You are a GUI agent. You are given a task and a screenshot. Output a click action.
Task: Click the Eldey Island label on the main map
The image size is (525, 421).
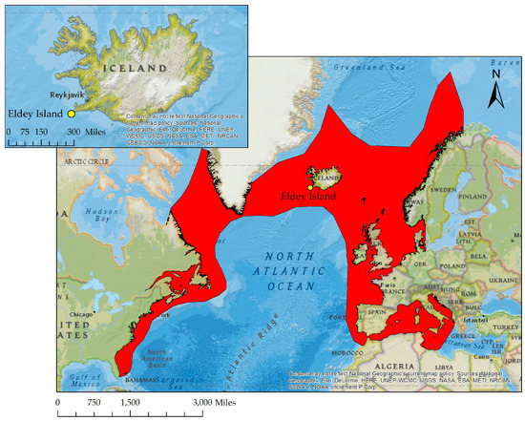[x=309, y=196]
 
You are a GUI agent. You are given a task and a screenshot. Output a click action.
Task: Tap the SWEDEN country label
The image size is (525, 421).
[x=443, y=190]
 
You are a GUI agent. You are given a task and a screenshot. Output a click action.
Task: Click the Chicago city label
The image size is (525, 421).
[x=76, y=313]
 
